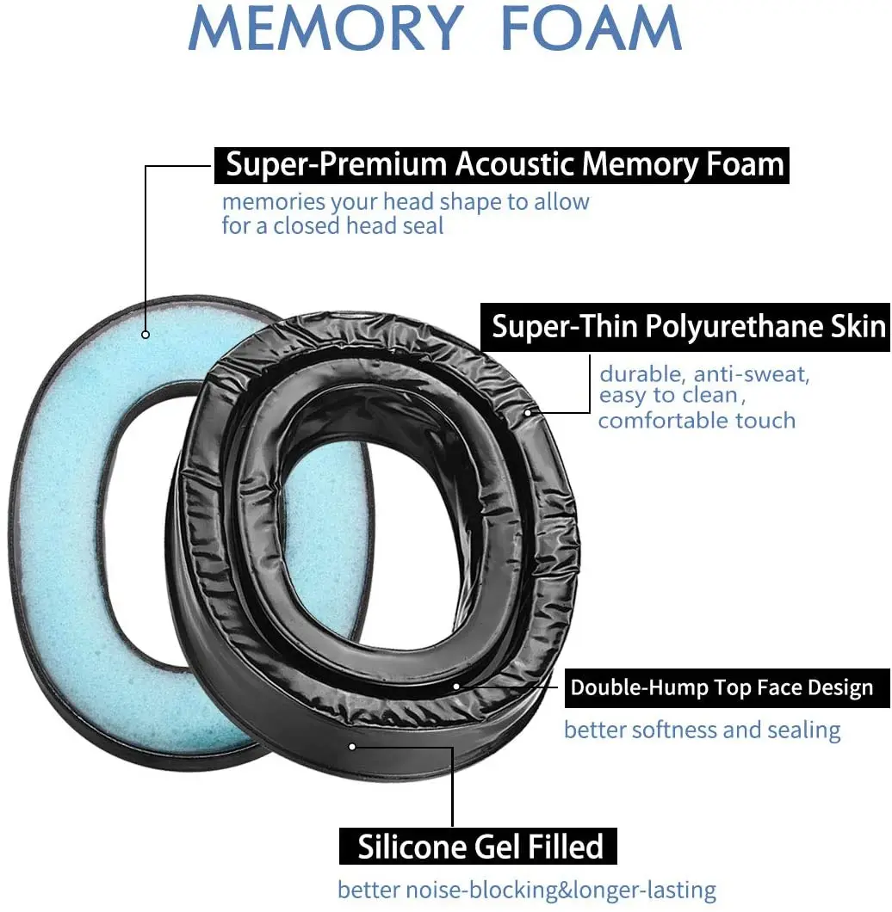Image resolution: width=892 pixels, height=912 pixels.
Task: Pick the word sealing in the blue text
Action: pyautogui.click(x=800, y=730)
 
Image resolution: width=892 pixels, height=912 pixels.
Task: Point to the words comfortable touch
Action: pyautogui.click(x=697, y=420)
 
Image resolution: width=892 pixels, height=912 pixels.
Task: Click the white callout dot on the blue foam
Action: pyautogui.click(x=146, y=335)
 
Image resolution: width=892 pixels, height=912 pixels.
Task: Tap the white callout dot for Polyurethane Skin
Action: pyautogui.click(x=528, y=412)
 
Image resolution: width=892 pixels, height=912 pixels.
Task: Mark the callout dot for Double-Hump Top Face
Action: pyautogui.click(x=457, y=687)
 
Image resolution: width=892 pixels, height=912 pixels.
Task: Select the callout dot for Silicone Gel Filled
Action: pyautogui.click(x=352, y=746)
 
